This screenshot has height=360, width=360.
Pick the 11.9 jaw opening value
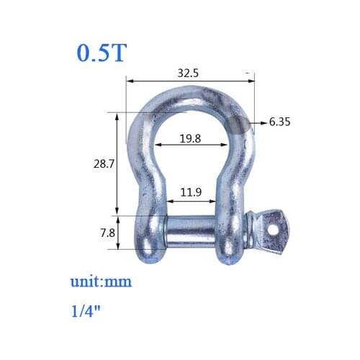click(191, 192)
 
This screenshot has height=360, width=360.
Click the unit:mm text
click(101, 282)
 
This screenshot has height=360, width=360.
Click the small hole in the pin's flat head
click(276, 228)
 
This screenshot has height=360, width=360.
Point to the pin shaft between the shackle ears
click(191, 234)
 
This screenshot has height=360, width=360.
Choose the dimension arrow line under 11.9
click(191, 201)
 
